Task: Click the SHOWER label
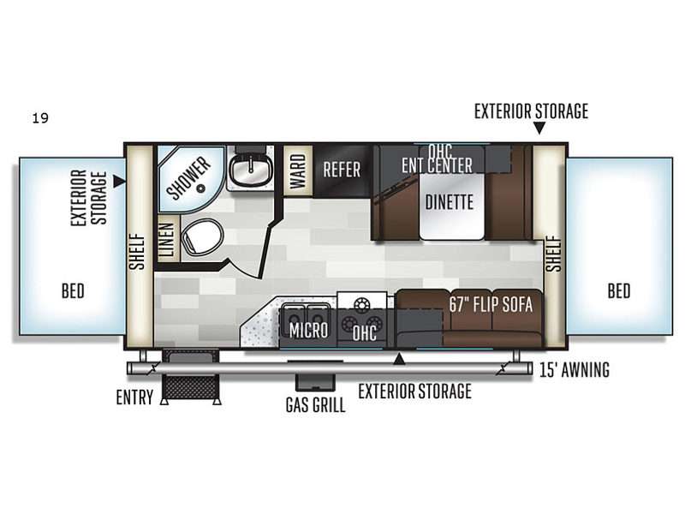point(188,178)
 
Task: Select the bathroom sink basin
point(251,170)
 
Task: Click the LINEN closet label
point(169,240)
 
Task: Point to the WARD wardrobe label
point(298,170)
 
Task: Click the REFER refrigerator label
point(342,170)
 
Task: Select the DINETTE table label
point(450,202)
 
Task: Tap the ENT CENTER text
point(438,165)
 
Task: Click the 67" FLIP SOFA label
point(491,305)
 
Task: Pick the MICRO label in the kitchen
point(308,331)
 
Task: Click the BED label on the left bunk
point(73,290)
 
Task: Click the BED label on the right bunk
point(619,290)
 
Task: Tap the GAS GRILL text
point(315,404)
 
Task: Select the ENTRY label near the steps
point(134,397)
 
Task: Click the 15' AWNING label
point(575,370)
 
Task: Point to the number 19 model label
point(40,118)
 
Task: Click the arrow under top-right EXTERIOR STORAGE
point(539,128)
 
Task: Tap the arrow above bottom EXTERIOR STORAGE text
point(399,359)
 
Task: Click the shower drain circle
point(201,188)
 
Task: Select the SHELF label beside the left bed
point(137,252)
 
